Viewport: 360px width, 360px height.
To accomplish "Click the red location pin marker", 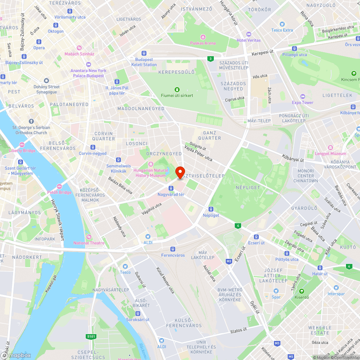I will (180, 171).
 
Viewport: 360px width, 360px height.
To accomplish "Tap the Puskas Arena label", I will (203, 43).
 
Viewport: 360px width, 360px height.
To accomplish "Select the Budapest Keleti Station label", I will (146, 62).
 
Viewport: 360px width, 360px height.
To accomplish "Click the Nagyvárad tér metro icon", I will (171, 188).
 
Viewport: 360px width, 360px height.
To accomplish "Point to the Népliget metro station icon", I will (211, 209).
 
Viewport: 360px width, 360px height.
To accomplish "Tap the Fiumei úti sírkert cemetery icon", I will (177, 89).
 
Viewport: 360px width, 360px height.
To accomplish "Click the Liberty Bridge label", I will (22, 150).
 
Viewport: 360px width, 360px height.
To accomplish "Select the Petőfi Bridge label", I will (59, 192).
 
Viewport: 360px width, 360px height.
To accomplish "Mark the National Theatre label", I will (89, 243).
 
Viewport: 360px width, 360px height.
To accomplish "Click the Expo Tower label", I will (302, 102).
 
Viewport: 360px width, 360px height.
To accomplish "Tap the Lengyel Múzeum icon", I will (330, 148).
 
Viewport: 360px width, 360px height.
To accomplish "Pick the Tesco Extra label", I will (282, 30).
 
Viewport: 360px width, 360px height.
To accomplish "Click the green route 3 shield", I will (210, 58).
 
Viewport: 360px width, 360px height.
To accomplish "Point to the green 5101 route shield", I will (91, 337).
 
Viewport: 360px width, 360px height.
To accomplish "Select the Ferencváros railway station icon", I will (173, 249).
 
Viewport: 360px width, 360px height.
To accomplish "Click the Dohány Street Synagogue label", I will (46, 89).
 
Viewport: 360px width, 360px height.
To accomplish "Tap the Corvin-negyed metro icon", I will (93, 147).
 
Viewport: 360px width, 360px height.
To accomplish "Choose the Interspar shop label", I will (336, 294).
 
